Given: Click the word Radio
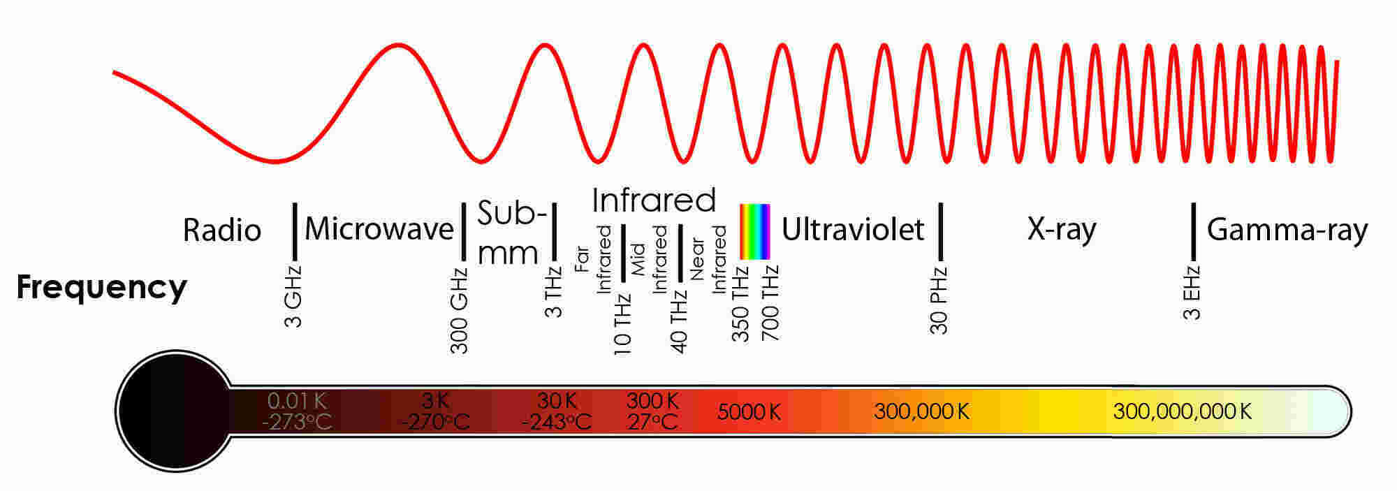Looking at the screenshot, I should pyautogui.click(x=222, y=230).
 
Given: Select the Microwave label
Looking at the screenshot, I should pyautogui.click(x=379, y=229).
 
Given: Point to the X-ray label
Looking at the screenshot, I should pyautogui.click(x=1062, y=229).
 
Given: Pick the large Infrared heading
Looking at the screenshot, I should pyautogui.click(x=654, y=200).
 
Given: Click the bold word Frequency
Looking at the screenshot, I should pyautogui.click(x=102, y=287).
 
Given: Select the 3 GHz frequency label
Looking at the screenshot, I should pyautogui.click(x=294, y=296).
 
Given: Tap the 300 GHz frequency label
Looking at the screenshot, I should pyautogui.click(x=459, y=310).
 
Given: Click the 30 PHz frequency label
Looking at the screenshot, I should pyautogui.click(x=939, y=300).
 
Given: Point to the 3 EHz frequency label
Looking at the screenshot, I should pyautogui.click(x=1192, y=293).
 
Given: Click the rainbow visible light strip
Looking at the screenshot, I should pyautogui.click(x=755, y=231).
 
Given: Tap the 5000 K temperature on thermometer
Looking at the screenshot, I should pyautogui.click(x=749, y=412).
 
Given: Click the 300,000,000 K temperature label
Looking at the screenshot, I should pyautogui.click(x=1182, y=411).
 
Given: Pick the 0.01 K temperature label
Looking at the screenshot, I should pyautogui.click(x=297, y=401).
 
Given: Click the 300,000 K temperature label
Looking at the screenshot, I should pyautogui.click(x=921, y=411).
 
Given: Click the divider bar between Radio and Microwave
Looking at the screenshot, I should pyautogui.click(x=295, y=230).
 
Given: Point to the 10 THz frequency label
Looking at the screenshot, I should pyautogui.click(x=622, y=323).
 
